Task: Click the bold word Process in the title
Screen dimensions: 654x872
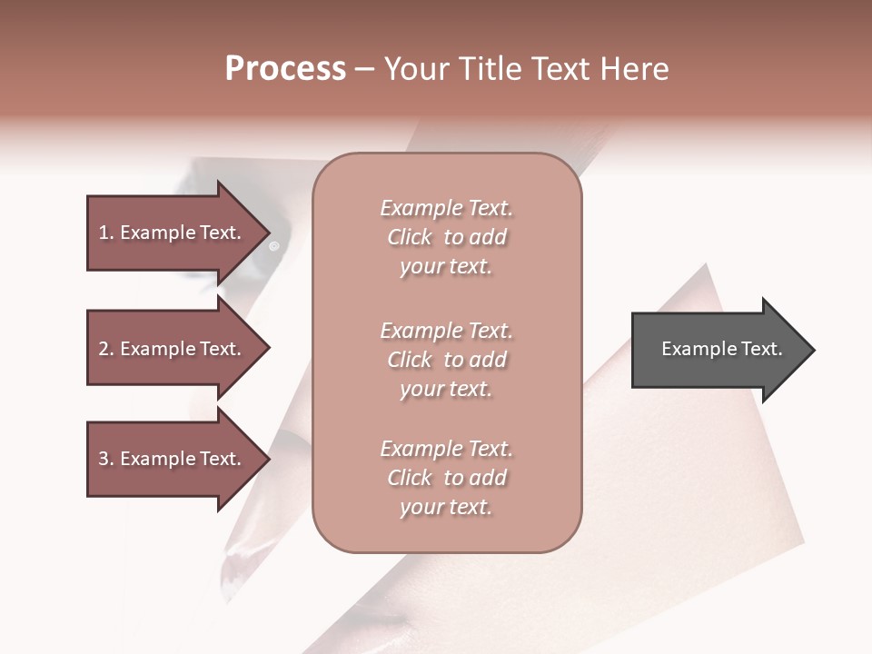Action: pyautogui.click(x=285, y=69)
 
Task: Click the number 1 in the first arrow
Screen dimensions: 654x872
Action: pyautogui.click(x=103, y=233)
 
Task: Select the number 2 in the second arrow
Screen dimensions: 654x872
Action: pyautogui.click(x=103, y=349)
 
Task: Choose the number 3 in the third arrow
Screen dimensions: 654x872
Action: pyautogui.click(x=103, y=459)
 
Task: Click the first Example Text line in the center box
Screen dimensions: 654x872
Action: pyautogui.click(x=446, y=208)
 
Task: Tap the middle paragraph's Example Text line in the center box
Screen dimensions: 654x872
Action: pyautogui.click(x=446, y=331)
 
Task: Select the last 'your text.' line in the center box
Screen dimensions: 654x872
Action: pyautogui.click(x=446, y=508)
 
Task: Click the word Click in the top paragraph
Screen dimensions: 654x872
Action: pyautogui.click(x=410, y=238)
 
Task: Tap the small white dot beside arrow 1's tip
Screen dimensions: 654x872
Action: pyautogui.click(x=275, y=245)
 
